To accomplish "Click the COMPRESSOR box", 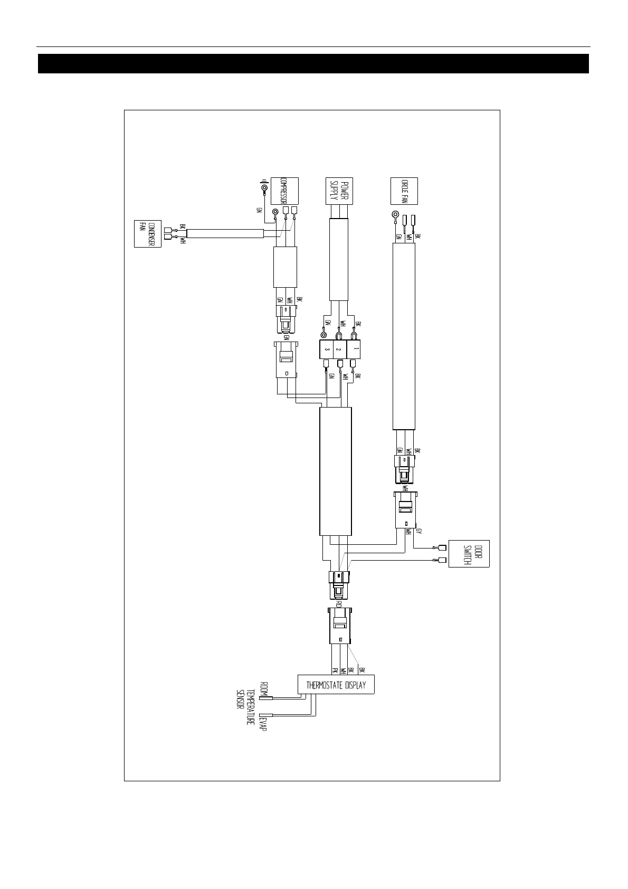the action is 284,191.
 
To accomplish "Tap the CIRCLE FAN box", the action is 404,191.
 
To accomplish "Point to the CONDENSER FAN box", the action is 147,234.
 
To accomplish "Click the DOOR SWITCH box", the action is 469,553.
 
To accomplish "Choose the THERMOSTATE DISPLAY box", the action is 336,685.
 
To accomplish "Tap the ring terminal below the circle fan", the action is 395,215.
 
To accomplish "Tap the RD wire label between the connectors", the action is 339,602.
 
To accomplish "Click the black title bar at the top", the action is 313,63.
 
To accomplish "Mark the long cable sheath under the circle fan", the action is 404,336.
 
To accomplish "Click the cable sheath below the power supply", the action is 338,259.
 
